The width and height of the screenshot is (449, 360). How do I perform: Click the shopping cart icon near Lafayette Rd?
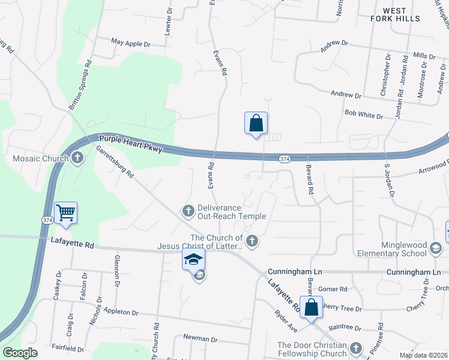pyautogui.click(x=65, y=212)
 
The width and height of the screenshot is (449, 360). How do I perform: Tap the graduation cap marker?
pyautogui.click(x=193, y=259)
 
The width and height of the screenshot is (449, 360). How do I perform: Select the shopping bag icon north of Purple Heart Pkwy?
pyautogui.click(x=256, y=123)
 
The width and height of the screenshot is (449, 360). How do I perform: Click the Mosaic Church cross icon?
pyautogui.click(x=77, y=158)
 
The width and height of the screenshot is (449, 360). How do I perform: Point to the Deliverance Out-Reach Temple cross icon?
pyautogui.click(x=188, y=210)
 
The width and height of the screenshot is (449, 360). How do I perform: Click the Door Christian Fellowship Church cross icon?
pyautogui.click(x=356, y=348)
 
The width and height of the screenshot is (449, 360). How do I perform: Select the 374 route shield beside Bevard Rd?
pyautogui.click(x=285, y=158)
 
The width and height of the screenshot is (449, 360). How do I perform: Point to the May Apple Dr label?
pyautogui.click(x=130, y=43)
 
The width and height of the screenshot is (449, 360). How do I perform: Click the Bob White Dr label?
pyautogui.click(x=363, y=113)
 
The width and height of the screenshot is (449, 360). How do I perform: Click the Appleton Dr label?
pyautogui.click(x=121, y=312)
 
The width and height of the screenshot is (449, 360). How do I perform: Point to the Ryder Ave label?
pyautogui.click(x=285, y=322)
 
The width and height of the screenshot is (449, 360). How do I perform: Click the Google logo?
pyautogui.click(x=20, y=353)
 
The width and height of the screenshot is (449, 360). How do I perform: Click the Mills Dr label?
pyautogui.click(x=424, y=56)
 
